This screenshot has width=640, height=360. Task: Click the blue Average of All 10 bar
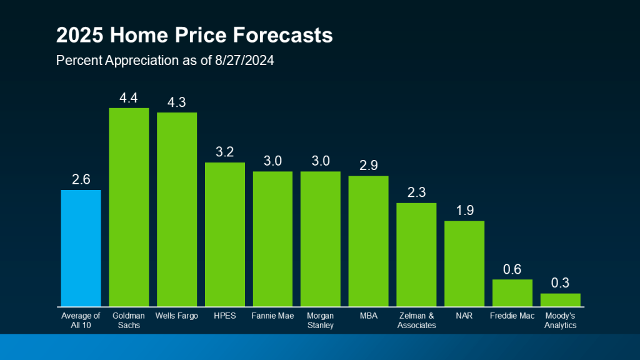point(81,248)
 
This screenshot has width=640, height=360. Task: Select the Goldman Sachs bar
point(129,207)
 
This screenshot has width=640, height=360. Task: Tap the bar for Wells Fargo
point(177,209)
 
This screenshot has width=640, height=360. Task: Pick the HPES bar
point(225,234)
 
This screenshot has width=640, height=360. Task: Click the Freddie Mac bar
point(512,292)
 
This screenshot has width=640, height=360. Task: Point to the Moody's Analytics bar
point(560,299)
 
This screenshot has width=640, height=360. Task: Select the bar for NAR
point(464,263)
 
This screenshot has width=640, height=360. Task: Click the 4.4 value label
point(129,97)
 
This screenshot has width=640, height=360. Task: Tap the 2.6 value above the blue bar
point(81,179)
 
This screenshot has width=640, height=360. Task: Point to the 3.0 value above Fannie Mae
point(272,161)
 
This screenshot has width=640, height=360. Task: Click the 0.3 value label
point(560,282)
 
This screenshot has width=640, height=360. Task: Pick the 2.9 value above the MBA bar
point(368,166)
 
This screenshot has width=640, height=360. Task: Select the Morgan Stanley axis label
point(320,320)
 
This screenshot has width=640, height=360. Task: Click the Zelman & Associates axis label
point(416,320)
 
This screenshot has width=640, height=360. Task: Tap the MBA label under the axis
point(368,316)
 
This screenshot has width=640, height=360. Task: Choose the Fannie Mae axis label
point(272,316)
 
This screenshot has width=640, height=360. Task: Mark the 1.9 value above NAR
point(464,210)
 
